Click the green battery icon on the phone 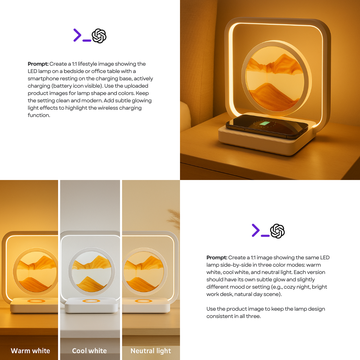pos(265,123)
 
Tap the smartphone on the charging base pos(267,126)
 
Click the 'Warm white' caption pos(30,351)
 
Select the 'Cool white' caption pos(89,351)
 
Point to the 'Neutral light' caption pos(151,351)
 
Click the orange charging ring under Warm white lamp pos(36,301)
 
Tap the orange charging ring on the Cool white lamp pos(91,301)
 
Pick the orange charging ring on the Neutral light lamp pos(143,301)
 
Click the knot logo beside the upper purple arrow pos(99,36)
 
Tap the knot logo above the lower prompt pos(277,231)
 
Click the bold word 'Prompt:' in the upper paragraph pos(38,64)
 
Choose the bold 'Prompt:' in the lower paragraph pos(217,258)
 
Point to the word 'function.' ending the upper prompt pos(39,115)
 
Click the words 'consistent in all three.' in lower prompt pos(233,316)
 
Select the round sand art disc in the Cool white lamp pos(92,272)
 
